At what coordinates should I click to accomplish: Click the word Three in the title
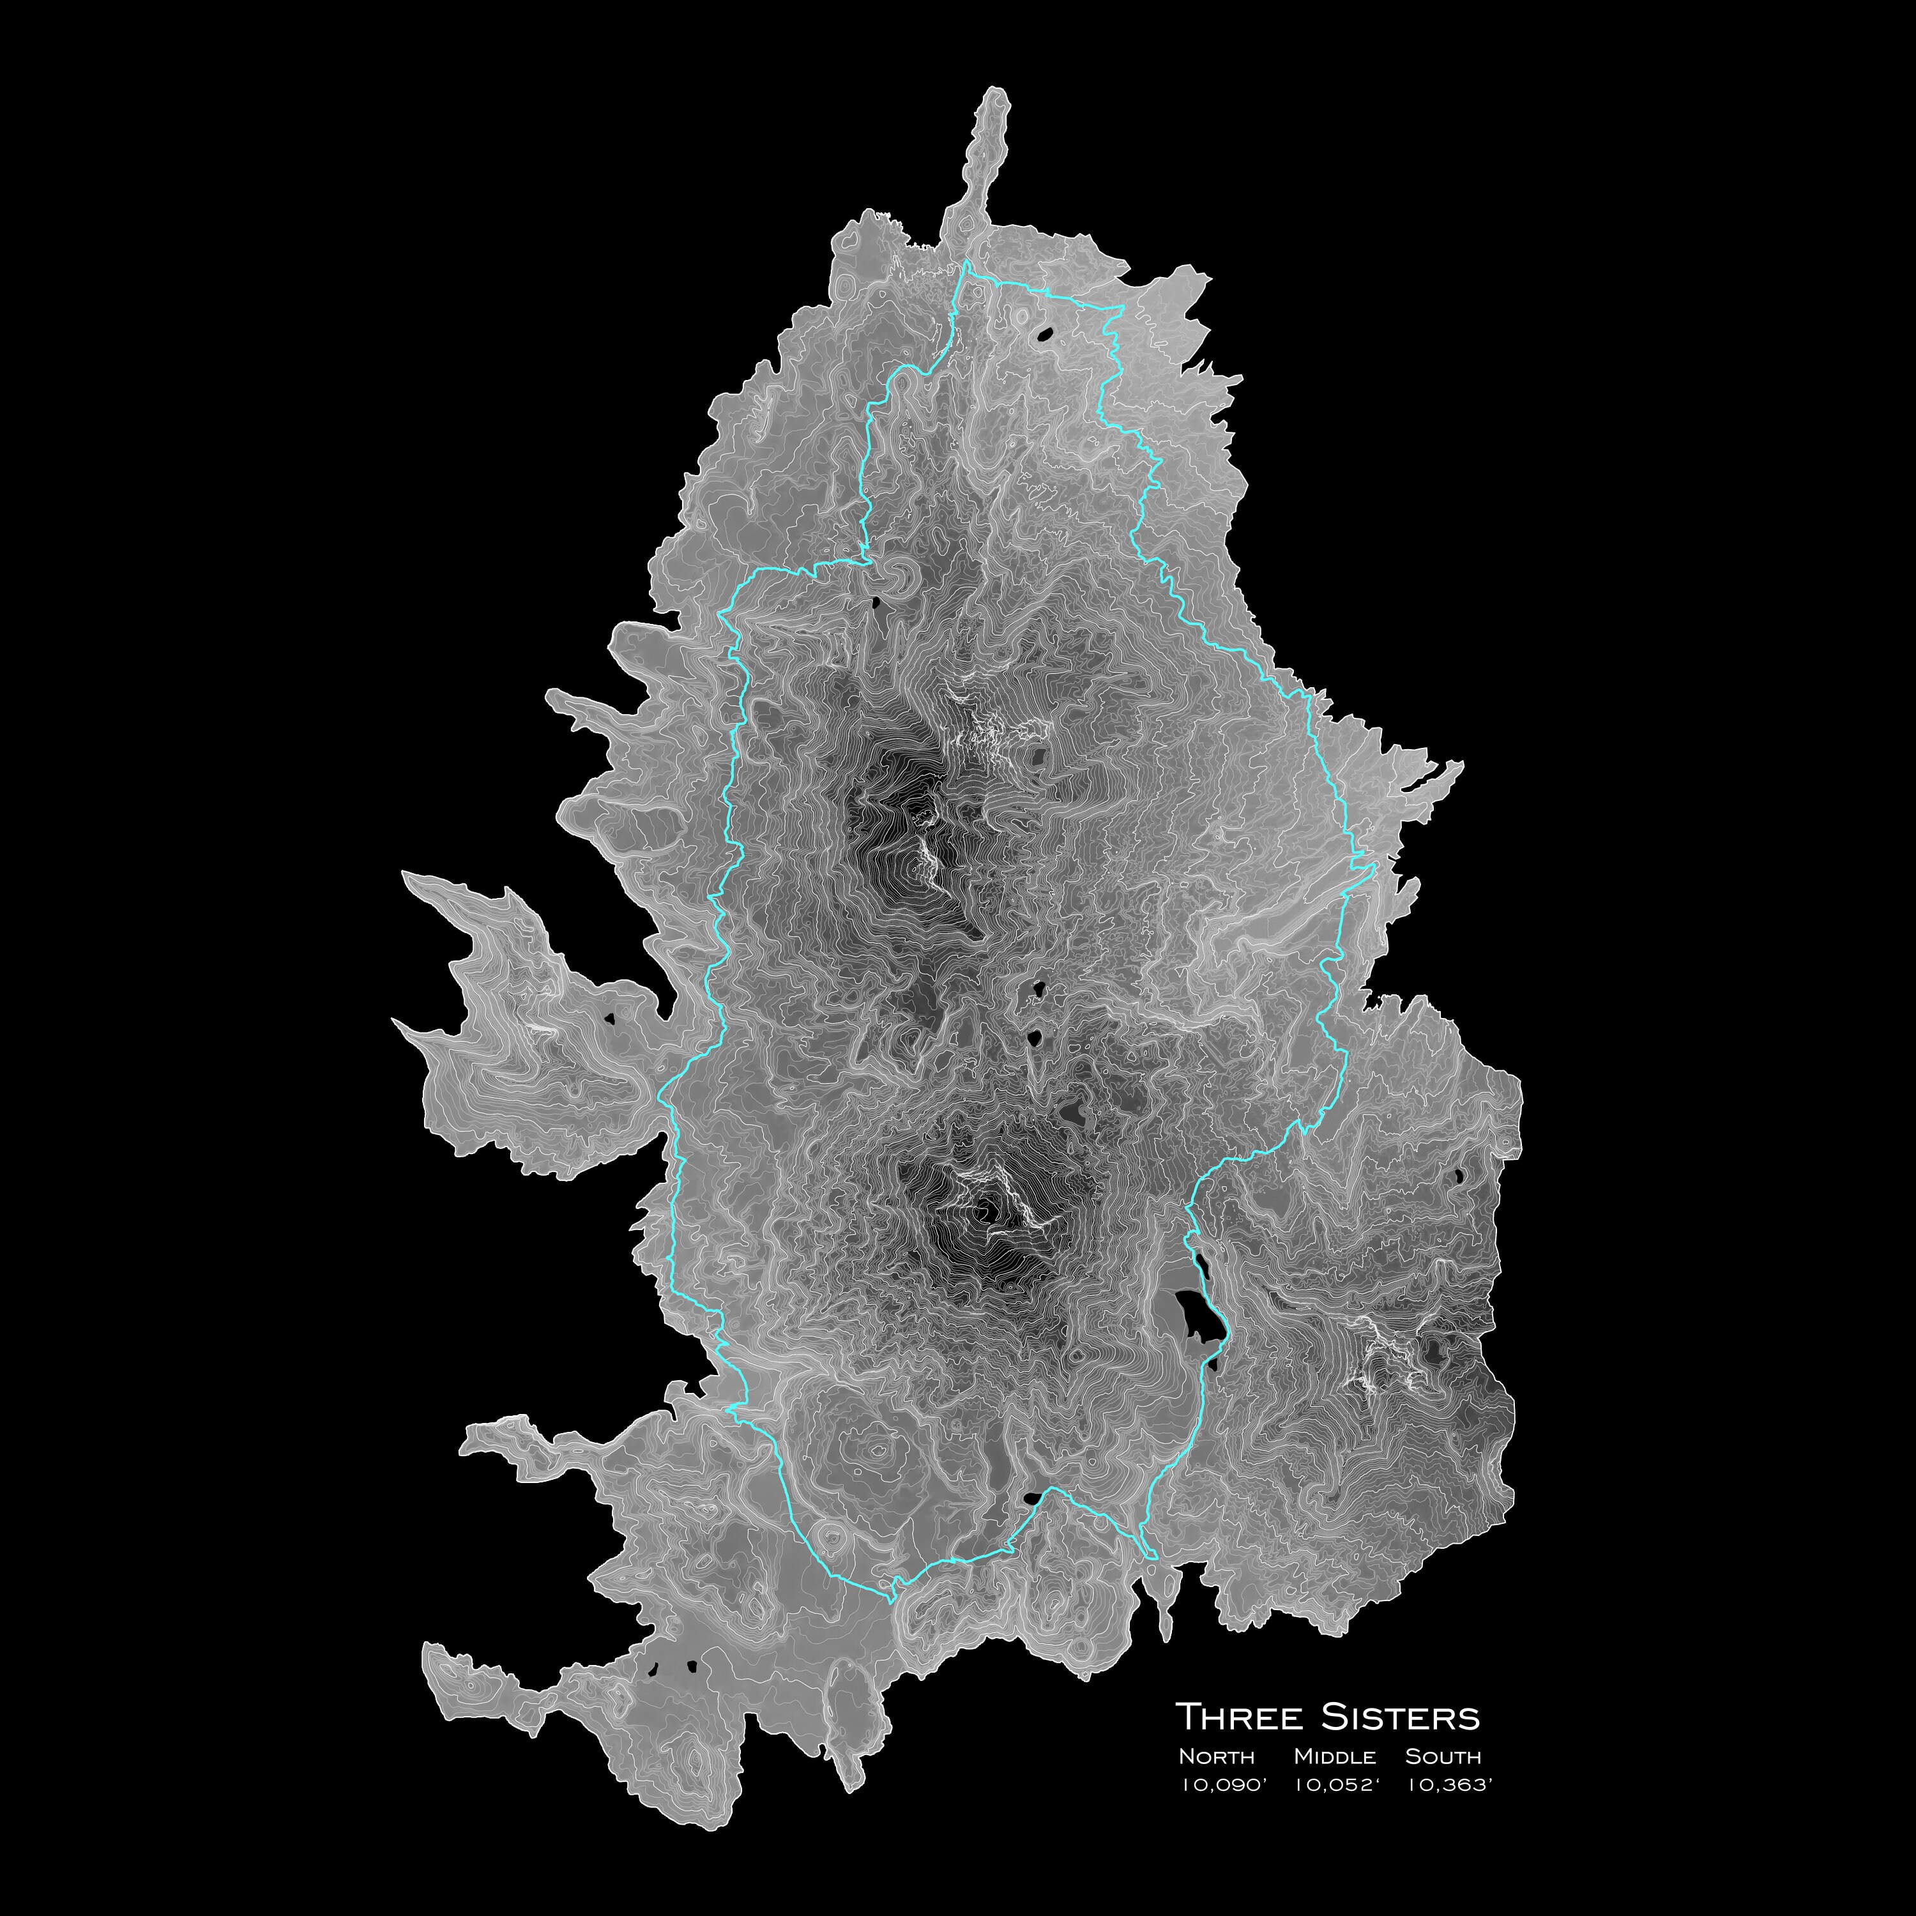[x=1238, y=1717]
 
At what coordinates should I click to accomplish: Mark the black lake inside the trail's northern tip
[x=1044, y=335]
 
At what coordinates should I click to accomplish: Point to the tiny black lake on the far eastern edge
[x=1459, y=1176]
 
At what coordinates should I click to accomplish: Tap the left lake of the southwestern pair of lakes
[x=653, y=1667]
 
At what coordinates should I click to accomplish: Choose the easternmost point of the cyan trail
[x=1374, y=870]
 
